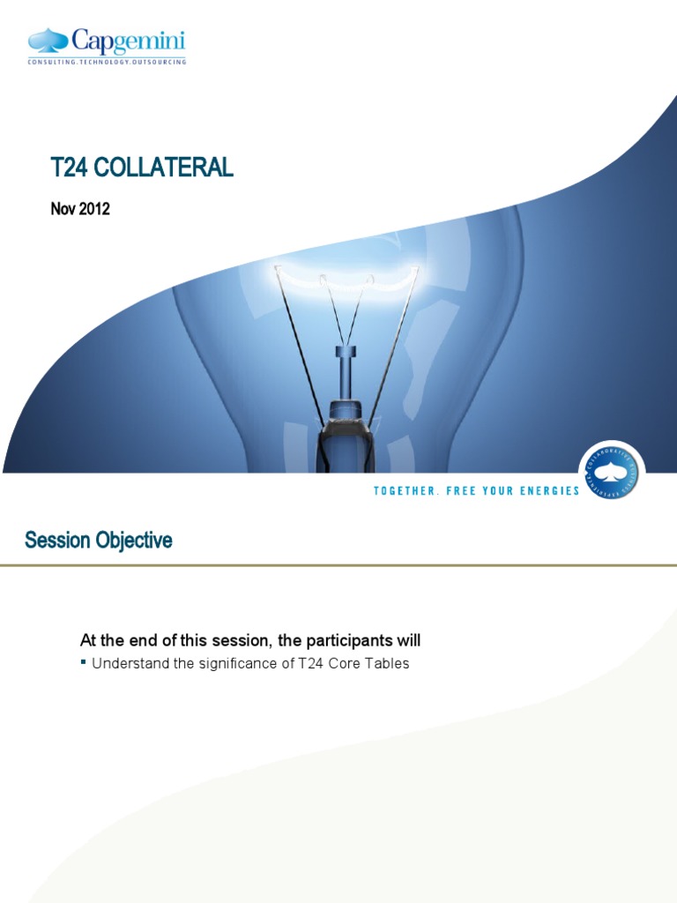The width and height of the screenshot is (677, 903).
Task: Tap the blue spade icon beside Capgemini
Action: (48, 40)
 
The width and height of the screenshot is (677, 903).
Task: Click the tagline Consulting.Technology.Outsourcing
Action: (107, 62)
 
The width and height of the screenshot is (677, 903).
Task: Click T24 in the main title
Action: (69, 168)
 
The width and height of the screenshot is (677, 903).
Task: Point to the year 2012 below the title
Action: (94, 209)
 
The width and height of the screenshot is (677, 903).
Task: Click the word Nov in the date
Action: (63, 209)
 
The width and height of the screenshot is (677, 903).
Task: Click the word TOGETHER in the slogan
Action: (405, 490)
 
